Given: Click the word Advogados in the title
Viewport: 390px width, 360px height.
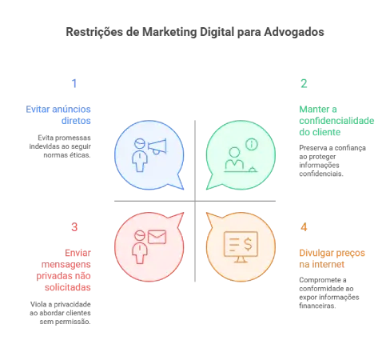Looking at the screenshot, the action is coord(294,32).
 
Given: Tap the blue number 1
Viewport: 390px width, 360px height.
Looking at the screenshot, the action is coord(74,83).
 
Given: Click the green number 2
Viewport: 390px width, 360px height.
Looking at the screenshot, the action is coord(304,83).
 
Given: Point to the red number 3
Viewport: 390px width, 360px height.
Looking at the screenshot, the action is coord(74,227).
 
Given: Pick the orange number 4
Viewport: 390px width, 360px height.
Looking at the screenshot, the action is coord(304,227).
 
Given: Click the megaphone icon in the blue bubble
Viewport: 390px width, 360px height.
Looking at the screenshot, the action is coord(157,146).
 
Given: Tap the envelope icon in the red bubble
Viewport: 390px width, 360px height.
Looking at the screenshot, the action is coord(157,237).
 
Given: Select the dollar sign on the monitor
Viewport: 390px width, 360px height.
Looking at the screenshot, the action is coord(248,244).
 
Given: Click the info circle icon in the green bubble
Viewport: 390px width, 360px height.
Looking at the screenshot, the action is coord(252,144).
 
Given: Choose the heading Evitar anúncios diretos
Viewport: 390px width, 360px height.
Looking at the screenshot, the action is coord(58,115).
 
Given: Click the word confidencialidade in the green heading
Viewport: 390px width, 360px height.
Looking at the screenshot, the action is coord(336,121).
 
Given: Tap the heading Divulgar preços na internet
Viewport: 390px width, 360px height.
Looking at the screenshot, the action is coord(332,258).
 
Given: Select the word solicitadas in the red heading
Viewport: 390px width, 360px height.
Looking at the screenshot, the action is coord(68,287).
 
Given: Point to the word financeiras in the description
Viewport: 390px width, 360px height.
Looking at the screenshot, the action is coord(317,306).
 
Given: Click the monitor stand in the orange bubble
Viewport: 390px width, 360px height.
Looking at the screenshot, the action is coord(241,259).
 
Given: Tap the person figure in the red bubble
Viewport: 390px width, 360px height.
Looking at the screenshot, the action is coord(140,247).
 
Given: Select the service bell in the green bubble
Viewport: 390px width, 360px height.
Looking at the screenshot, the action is coord(253,169).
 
